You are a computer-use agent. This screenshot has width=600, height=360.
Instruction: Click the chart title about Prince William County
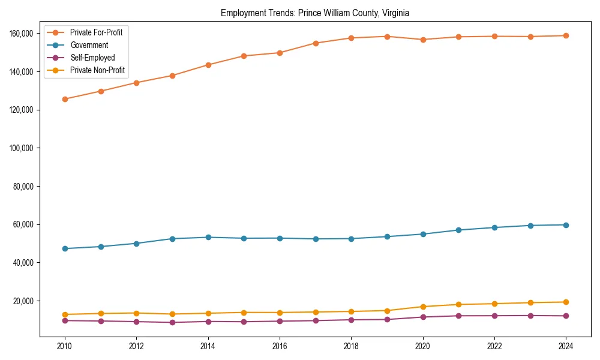315,13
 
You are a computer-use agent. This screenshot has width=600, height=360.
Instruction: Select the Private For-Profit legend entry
96,32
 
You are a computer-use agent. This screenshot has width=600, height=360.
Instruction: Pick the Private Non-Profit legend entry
97,70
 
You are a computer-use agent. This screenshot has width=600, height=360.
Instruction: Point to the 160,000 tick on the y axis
22,34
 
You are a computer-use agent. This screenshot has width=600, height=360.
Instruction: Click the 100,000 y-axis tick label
22,148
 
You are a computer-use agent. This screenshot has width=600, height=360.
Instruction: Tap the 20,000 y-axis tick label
23,301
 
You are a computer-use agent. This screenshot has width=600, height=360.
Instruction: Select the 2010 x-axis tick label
65,346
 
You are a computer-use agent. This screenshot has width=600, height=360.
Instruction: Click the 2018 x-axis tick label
351,346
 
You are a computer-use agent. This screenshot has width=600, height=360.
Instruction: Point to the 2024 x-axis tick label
566,346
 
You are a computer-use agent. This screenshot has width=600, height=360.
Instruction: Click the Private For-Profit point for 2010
65,99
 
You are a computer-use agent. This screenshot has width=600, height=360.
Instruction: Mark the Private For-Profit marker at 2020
423,40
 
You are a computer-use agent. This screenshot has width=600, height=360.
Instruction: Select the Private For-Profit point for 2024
566,35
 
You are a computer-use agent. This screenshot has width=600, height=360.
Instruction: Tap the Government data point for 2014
208,237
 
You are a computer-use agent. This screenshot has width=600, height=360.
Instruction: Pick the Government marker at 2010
65,248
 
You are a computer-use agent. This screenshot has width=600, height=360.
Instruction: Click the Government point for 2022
494,227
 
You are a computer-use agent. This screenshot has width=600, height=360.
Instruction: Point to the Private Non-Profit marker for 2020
423,307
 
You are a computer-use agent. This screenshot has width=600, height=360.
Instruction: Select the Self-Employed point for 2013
172,322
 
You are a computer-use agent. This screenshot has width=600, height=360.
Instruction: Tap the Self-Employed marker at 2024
566,316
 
